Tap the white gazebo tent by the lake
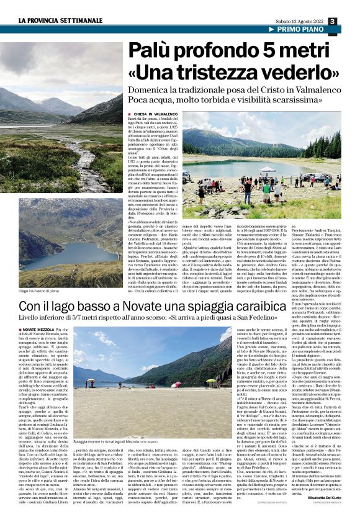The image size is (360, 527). (x=268, y=169)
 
